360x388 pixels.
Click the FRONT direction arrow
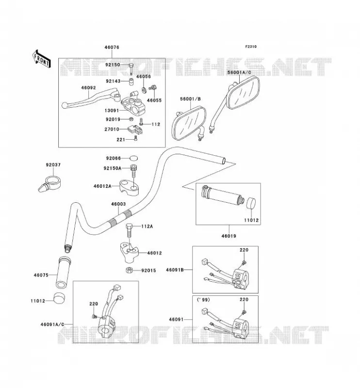click(42, 59)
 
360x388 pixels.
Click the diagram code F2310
click(251, 47)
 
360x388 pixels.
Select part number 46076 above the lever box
click(112, 47)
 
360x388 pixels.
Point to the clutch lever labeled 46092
click(91, 98)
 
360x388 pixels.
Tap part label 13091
click(112, 111)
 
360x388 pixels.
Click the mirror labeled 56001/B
click(189, 123)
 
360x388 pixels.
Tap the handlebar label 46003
click(118, 204)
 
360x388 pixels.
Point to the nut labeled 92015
click(129, 270)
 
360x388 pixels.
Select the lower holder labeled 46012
click(129, 252)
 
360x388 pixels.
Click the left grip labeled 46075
click(64, 273)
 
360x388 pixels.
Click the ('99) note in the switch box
click(203, 300)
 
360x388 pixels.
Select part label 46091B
click(175, 270)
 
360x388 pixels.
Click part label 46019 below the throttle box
click(229, 236)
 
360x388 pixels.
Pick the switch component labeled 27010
click(135, 129)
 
